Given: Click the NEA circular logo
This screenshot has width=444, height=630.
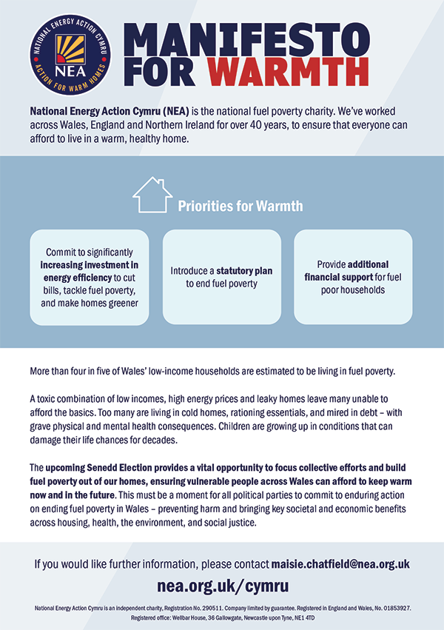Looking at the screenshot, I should [69, 53].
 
